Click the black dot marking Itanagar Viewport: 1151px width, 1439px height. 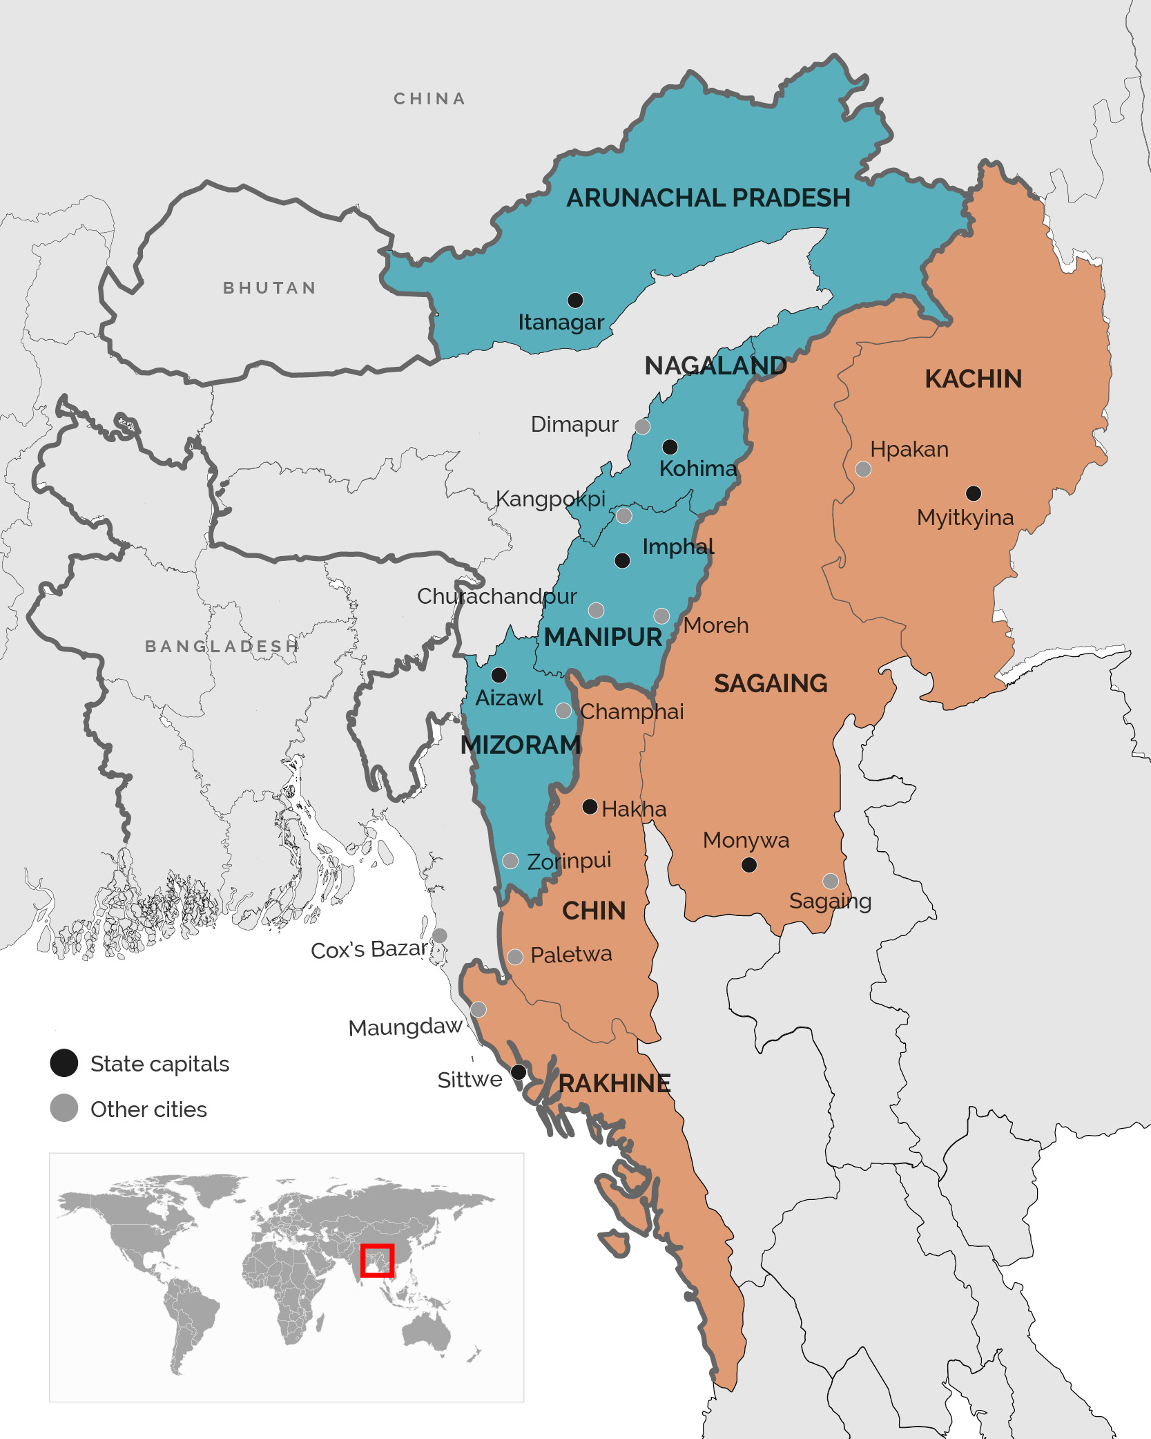(x=575, y=300)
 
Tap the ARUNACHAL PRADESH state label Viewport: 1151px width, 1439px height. (x=708, y=198)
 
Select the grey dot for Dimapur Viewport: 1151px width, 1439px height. (x=642, y=426)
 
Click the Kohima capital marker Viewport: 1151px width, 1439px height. (x=670, y=446)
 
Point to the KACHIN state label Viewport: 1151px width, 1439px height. (x=973, y=379)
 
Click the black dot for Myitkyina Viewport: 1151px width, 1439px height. (x=974, y=493)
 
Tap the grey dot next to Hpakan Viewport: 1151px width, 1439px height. (x=863, y=470)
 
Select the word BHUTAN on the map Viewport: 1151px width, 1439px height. (x=269, y=288)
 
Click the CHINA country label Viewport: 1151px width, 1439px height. (x=429, y=99)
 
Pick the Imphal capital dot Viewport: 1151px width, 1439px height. (x=622, y=560)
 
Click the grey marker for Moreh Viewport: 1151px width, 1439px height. (x=661, y=616)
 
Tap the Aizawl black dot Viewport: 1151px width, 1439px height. (x=499, y=674)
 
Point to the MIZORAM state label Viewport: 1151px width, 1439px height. (x=521, y=745)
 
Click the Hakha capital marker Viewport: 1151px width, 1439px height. (x=590, y=806)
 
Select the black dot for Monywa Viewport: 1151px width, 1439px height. (x=749, y=864)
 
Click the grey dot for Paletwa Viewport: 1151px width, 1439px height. (x=515, y=957)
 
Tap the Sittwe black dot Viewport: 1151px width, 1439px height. (x=519, y=1072)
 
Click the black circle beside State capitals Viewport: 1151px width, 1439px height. (x=64, y=1062)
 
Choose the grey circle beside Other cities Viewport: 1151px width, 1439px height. (x=64, y=1108)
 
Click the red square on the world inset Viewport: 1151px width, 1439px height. (x=377, y=1261)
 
